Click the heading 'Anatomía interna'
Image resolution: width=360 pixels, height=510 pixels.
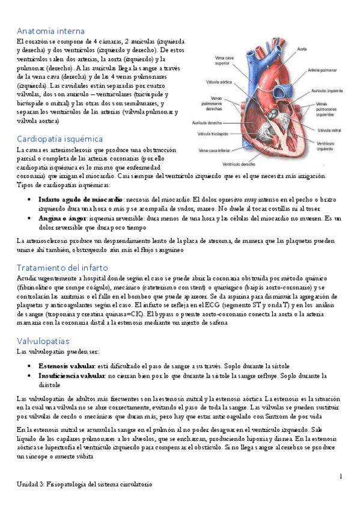coord(50,31)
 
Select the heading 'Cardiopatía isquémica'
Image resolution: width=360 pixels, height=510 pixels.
coord(59,138)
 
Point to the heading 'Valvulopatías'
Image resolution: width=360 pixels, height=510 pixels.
coord(44,340)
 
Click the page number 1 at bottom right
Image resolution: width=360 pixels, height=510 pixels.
coord(340,477)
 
